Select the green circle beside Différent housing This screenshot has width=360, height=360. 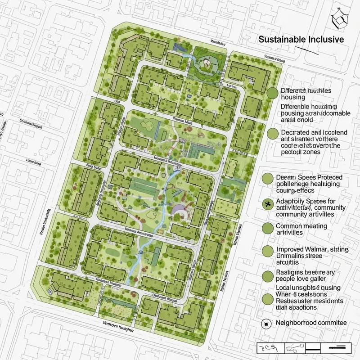tap(272, 93)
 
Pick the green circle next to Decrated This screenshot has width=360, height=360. tap(272, 134)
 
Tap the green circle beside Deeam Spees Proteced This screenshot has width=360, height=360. tap(268, 179)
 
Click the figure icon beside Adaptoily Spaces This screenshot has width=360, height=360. tap(268, 205)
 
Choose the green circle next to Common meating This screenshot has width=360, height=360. tap(268, 227)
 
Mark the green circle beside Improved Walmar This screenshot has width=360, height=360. tap(268, 251)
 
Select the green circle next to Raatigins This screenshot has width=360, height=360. tap(268, 275)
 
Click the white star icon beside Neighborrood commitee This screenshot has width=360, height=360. tap(266, 324)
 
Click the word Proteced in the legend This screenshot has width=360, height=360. tap(324, 177)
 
